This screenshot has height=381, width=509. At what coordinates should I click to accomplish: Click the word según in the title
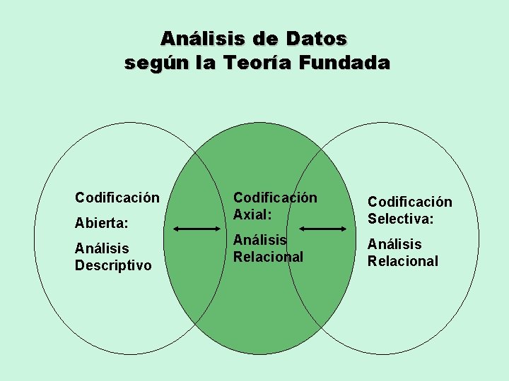(x=151, y=64)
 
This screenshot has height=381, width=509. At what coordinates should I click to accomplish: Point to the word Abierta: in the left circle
(x=102, y=223)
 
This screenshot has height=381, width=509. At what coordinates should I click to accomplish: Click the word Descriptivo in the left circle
(x=113, y=265)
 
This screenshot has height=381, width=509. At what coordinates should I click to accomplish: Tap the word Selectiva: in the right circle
(x=400, y=219)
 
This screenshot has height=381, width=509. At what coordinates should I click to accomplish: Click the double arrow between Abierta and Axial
(x=197, y=228)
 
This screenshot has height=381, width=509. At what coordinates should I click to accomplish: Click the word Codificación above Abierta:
(x=117, y=198)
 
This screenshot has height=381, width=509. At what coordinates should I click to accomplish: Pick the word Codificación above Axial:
(x=276, y=198)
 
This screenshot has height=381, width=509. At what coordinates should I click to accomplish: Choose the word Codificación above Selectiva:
(x=410, y=202)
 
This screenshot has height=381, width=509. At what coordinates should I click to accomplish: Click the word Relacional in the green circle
(x=269, y=257)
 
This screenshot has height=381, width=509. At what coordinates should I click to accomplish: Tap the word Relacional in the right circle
(x=403, y=261)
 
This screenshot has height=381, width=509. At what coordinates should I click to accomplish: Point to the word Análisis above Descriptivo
(x=102, y=248)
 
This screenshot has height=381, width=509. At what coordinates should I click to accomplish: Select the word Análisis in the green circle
(x=260, y=241)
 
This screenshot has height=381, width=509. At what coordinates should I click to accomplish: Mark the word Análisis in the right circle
(x=394, y=244)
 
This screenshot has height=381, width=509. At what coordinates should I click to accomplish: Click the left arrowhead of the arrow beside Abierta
(x=177, y=228)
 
